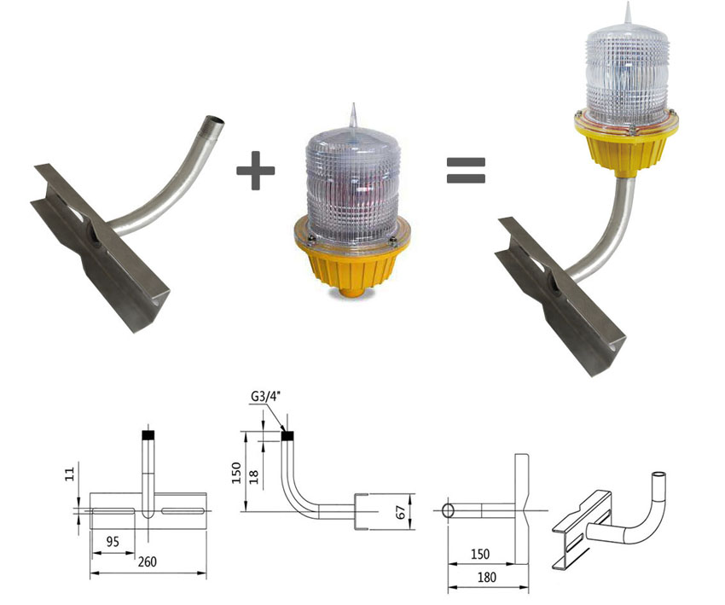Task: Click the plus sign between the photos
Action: click(256, 171)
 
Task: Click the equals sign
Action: click(466, 170)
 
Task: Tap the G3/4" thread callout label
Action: click(266, 397)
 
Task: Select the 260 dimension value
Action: click(147, 562)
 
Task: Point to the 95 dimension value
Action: click(113, 542)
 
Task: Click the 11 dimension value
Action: click(69, 474)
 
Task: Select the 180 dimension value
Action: click(486, 577)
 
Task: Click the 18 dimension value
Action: click(254, 477)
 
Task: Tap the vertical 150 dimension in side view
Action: click(236, 472)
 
